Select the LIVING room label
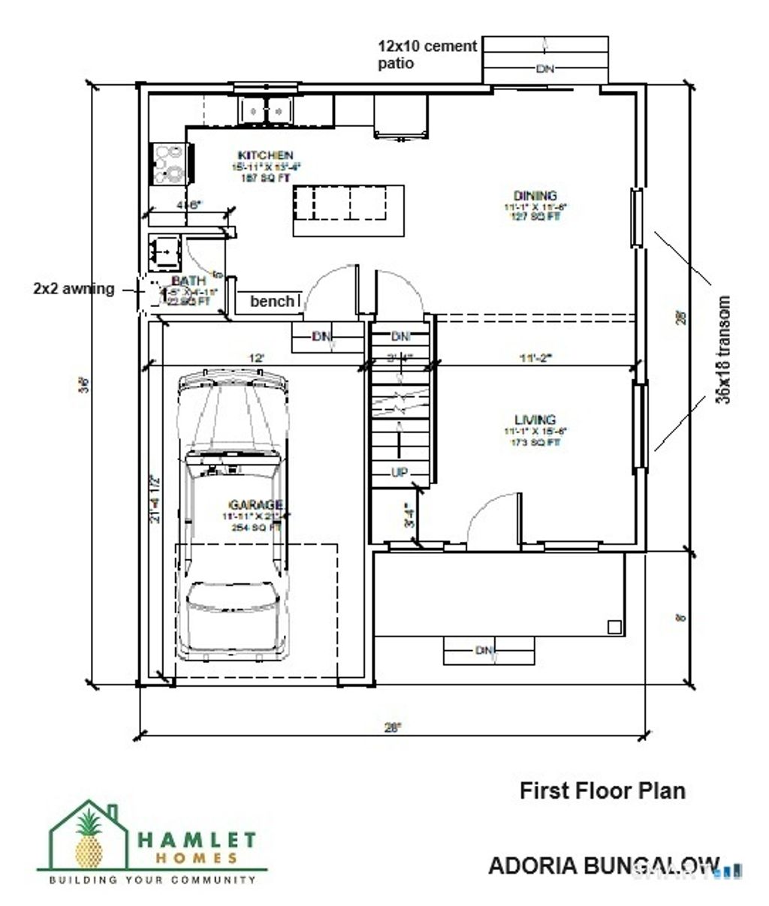[535, 420]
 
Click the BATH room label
[187, 281]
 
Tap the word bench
[272, 301]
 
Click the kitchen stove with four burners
[170, 164]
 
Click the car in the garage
[232, 518]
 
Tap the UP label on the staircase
[399, 472]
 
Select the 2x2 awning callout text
[74, 288]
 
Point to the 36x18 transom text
[723, 351]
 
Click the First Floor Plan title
[602, 790]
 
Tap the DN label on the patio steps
[544, 69]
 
